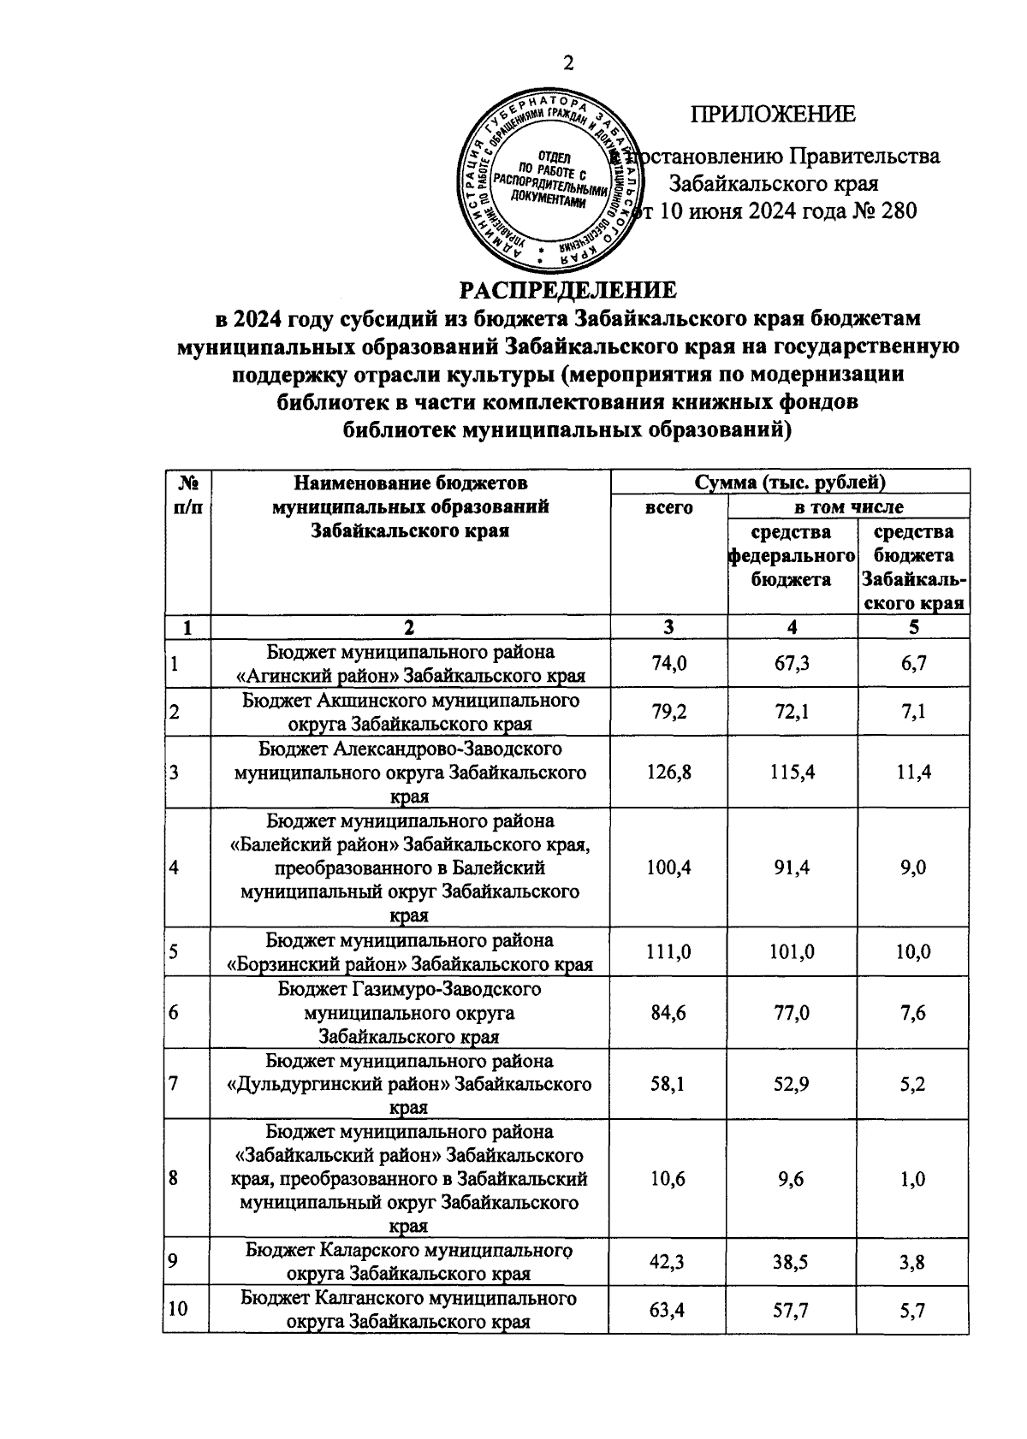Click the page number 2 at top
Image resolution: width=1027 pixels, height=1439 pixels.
point(567,64)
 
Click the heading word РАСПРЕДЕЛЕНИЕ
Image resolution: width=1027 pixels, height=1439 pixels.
point(568,290)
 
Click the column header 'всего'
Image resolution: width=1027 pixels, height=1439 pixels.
point(668,507)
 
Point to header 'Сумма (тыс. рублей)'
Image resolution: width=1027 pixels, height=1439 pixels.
point(790,483)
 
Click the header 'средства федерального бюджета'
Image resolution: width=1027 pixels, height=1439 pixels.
point(792,556)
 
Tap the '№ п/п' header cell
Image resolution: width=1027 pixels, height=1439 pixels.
point(187,494)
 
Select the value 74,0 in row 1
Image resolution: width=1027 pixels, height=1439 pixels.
point(668,664)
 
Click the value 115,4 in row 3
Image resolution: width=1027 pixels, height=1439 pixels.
point(792,773)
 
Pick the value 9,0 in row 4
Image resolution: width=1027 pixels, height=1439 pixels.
point(912,868)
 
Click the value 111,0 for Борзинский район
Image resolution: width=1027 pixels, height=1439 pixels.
point(668,952)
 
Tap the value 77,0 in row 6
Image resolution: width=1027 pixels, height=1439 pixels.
point(792,1013)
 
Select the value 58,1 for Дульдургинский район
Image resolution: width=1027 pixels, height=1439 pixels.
point(668,1084)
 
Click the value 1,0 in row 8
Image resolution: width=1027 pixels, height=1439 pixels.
point(912,1179)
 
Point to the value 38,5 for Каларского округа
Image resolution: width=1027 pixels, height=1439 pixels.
point(792,1262)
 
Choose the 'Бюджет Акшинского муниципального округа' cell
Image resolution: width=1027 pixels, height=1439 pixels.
point(410,712)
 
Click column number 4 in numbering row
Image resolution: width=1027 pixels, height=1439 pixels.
point(792,627)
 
